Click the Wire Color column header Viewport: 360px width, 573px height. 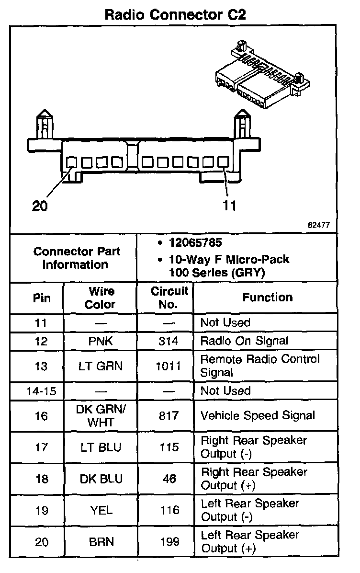[101, 298]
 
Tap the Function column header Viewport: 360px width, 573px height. [267, 298]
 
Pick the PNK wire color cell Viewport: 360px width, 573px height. [101, 341]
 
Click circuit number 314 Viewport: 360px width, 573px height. [169, 341]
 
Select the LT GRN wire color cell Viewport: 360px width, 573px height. [101, 367]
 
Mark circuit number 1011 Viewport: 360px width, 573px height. [169, 367]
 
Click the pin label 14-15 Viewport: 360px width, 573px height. [41, 391]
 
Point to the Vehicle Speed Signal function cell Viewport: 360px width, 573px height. [258, 415]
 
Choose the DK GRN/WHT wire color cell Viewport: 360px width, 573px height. [101, 415]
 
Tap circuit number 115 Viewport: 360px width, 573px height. [169, 447]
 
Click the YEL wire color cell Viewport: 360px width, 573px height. [101, 510]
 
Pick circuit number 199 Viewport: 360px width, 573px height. [169, 541]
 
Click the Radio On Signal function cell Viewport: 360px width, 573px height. [244, 341]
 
